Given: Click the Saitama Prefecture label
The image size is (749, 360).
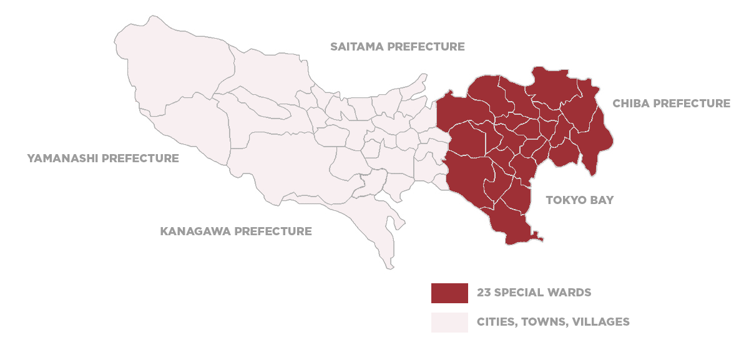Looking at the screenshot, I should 398,47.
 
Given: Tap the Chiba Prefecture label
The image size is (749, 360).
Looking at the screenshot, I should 671,104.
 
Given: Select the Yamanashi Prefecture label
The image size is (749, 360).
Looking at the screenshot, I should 103,158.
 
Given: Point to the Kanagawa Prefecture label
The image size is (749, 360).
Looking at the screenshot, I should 236,231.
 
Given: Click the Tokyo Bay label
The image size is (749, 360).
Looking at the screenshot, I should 580,200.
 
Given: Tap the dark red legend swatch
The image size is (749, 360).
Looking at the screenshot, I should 449,293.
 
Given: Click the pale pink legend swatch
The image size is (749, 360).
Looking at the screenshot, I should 449,322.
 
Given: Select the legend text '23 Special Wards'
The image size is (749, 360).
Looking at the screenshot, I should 534,293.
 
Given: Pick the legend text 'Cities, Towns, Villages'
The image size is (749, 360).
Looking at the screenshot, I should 553,323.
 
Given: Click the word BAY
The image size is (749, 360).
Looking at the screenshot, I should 602,200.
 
